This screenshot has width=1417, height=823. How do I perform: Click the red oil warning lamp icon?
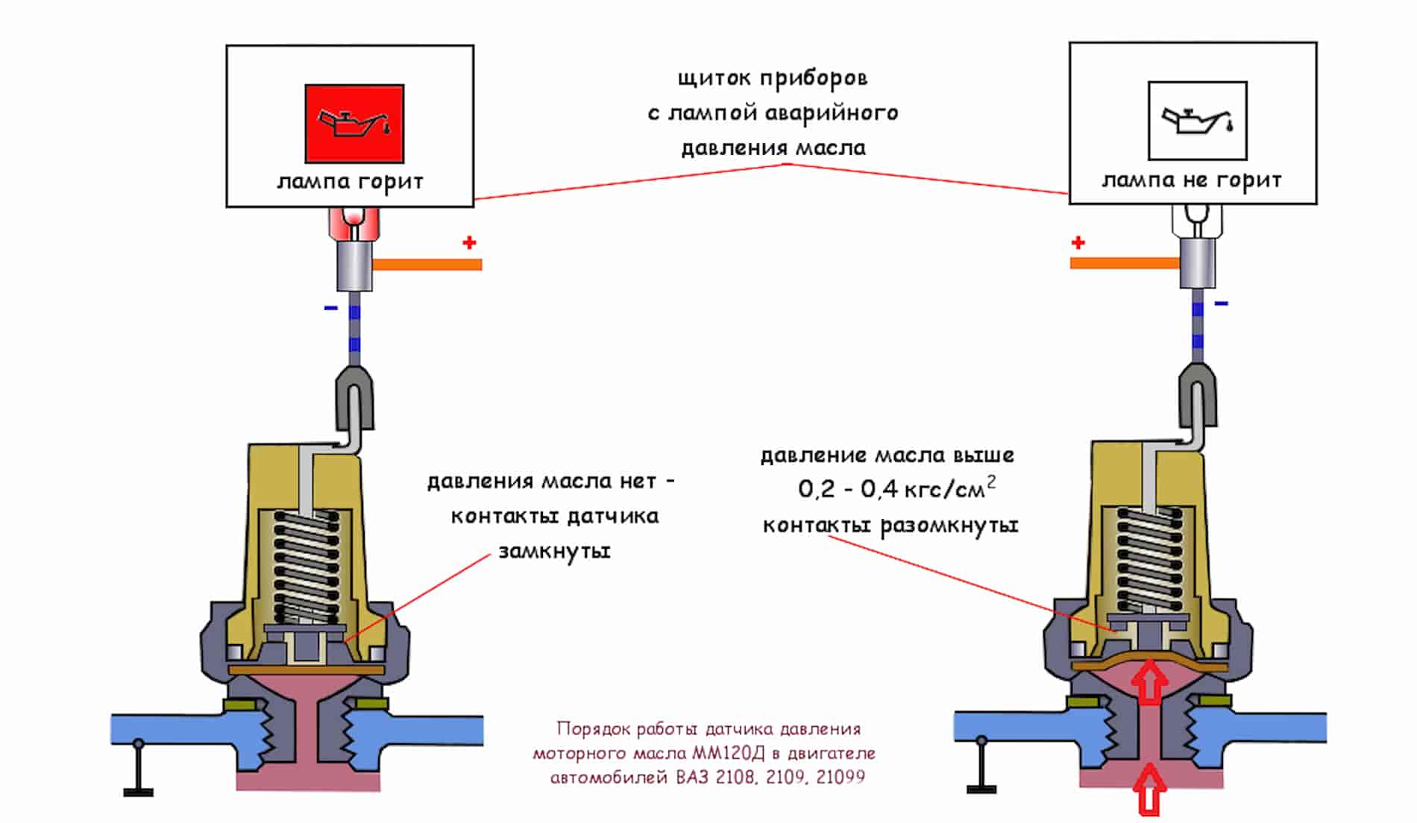(354, 123)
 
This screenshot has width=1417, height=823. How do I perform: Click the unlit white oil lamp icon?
(1197, 121)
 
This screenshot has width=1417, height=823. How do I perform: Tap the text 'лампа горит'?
(350, 182)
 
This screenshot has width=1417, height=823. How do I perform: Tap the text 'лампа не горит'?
(1192, 180)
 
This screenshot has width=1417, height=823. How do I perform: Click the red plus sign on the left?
(469, 242)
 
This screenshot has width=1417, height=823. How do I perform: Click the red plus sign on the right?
(1078, 242)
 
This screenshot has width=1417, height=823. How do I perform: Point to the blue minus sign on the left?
(330, 308)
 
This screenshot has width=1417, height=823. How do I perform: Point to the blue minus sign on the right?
(1221, 303)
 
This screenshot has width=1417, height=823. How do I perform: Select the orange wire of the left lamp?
(427, 264)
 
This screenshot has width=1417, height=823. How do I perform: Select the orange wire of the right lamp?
(1125, 262)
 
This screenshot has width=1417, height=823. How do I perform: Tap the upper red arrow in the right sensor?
(1150, 683)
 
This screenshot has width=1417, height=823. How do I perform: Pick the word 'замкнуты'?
(554, 552)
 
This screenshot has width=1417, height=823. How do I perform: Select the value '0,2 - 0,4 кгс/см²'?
(896, 489)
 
